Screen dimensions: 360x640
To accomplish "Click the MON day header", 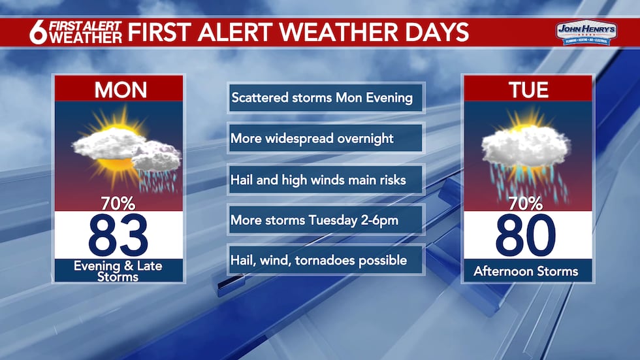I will pyautogui.click(x=119, y=90).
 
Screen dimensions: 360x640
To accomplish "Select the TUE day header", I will pyautogui.click(x=528, y=90).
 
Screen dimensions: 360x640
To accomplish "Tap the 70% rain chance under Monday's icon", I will pyautogui.click(x=119, y=203).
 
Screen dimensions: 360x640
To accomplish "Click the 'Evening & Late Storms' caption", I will pyautogui.click(x=119, y=270).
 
